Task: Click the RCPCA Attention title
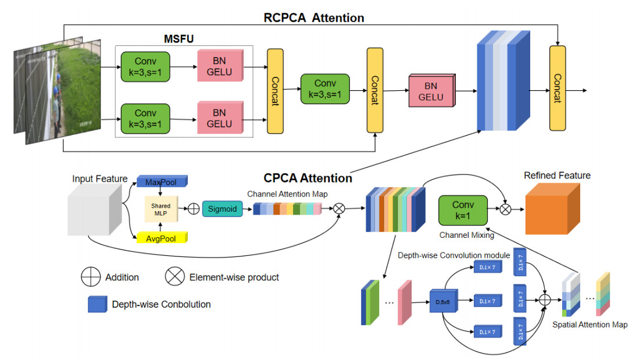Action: pos(314,17)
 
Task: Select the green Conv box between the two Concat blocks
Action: pos(325,89)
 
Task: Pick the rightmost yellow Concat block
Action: pos(558,88)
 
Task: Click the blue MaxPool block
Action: pos(161,183)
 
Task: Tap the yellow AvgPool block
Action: pos(161,237)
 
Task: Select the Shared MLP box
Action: pos(161,209)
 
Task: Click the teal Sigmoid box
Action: pos(223,208)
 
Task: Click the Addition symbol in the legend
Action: pos(91,277)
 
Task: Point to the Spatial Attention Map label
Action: pos(590,325)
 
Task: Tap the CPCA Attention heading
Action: pos(308,178)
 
